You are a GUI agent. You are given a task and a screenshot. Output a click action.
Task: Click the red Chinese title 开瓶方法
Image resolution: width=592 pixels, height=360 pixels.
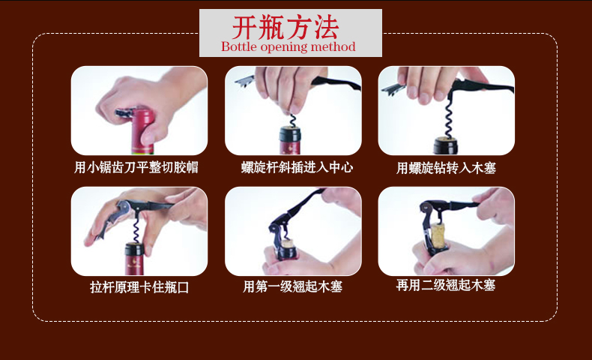pyautogui.click(x=285, y=28)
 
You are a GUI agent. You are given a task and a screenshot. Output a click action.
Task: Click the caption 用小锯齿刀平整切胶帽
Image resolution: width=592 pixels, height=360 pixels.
pyautogui.click(x=136, y=167)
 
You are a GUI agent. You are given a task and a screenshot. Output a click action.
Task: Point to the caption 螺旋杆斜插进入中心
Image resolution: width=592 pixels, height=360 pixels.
pyautogui.click(x=297, y=167)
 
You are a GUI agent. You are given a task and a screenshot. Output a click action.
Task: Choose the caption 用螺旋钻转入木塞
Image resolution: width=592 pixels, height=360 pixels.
pyautogui.click(x=446, y=168)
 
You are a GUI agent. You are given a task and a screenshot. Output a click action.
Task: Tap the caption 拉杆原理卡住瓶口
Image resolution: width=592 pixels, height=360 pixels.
pyautogui.click(x=139, y=287)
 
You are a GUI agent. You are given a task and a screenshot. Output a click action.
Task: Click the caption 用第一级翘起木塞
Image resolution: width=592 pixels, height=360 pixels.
pyautogui.click(x=292, y=286)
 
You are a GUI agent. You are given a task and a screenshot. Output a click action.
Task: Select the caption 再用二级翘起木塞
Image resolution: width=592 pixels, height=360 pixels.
pyautogui.click(x=446, y=285)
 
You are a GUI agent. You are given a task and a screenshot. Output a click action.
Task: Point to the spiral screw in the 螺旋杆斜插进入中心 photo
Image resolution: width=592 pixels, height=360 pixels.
pyautogui.click(x=292, y=121)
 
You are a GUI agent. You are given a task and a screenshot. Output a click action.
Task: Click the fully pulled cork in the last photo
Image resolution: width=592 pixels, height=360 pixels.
pyautogui.click(x=438, y=234)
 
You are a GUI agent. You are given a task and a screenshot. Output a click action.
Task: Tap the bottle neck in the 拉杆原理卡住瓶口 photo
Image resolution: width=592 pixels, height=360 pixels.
pyautogui.click(x=134, y=259)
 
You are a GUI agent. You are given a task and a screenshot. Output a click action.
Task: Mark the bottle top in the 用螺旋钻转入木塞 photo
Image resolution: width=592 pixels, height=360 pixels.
pyautogui.click(x=446, y=145)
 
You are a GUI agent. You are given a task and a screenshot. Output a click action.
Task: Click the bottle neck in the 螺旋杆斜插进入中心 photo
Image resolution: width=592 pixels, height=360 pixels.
pyautogui.click(x=290, y=140)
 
